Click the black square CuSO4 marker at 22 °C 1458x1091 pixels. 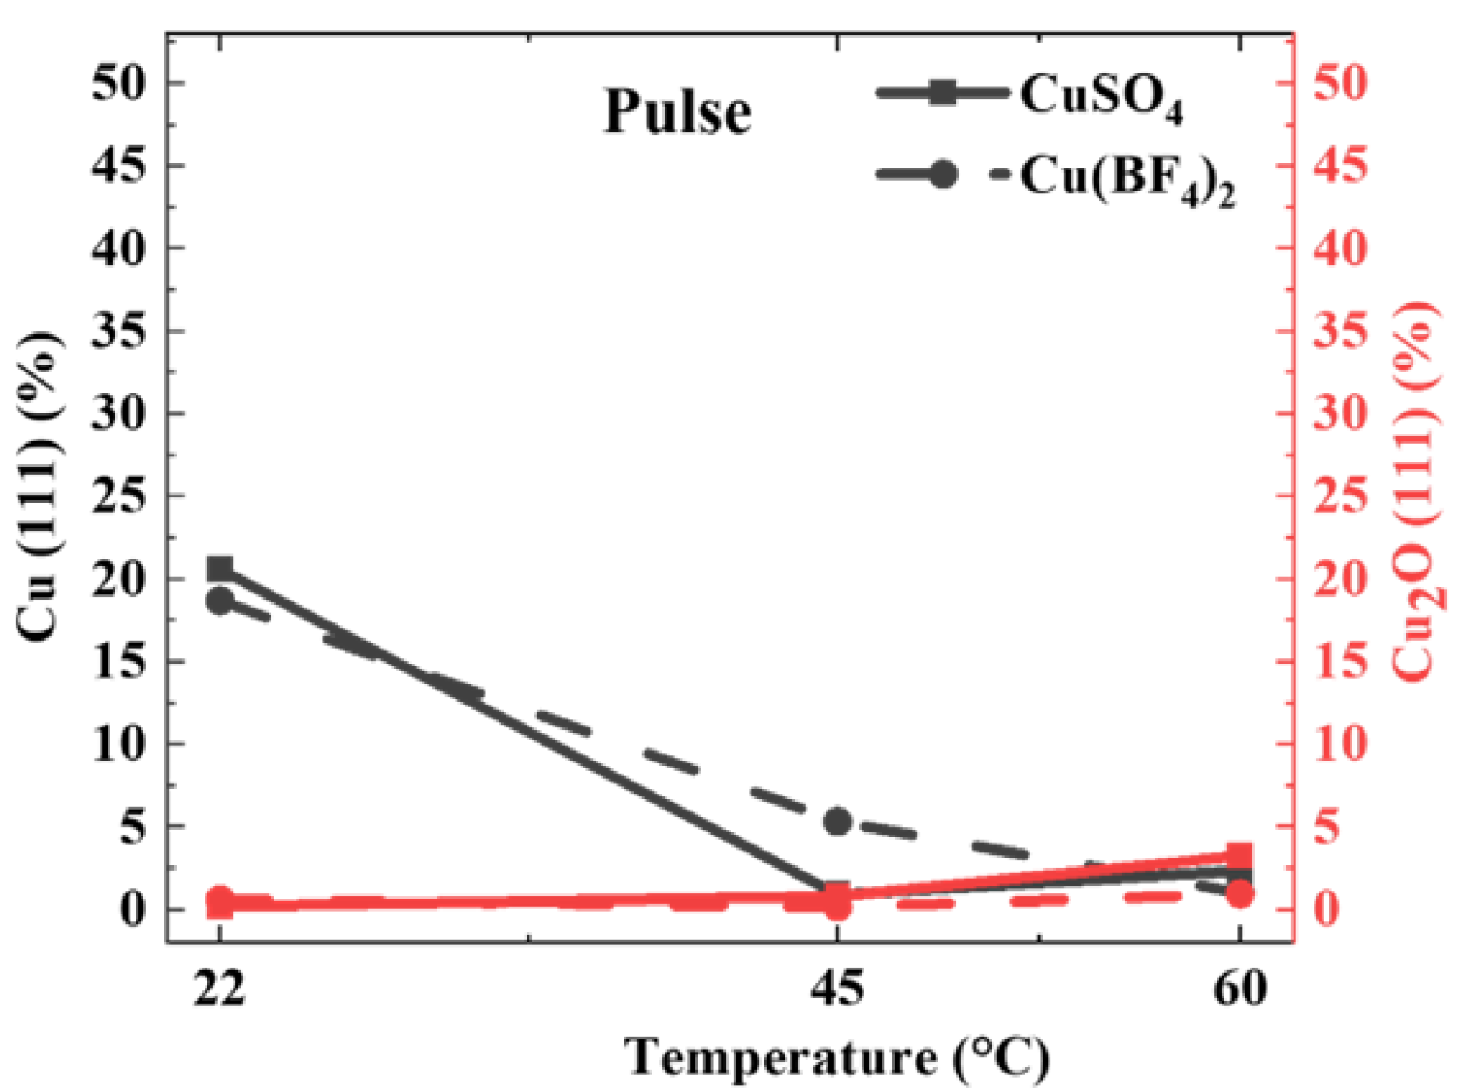coord(220,569)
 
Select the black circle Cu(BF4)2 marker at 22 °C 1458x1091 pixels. coord(220,601)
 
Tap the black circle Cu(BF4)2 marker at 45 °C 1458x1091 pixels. coord(838,821)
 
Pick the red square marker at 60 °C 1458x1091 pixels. coord(1239,856)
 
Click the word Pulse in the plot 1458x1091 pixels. coord(678,112)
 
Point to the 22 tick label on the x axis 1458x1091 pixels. coord(220,989)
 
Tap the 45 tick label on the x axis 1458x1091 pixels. coord(838,989)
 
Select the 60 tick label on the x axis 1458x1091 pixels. coord(1239,989)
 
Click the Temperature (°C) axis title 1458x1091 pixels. coord(837,1057)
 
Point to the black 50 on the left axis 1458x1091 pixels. coord(118,83)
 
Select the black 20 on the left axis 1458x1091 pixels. coord(118,579)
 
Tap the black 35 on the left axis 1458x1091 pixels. coord(118,331)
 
